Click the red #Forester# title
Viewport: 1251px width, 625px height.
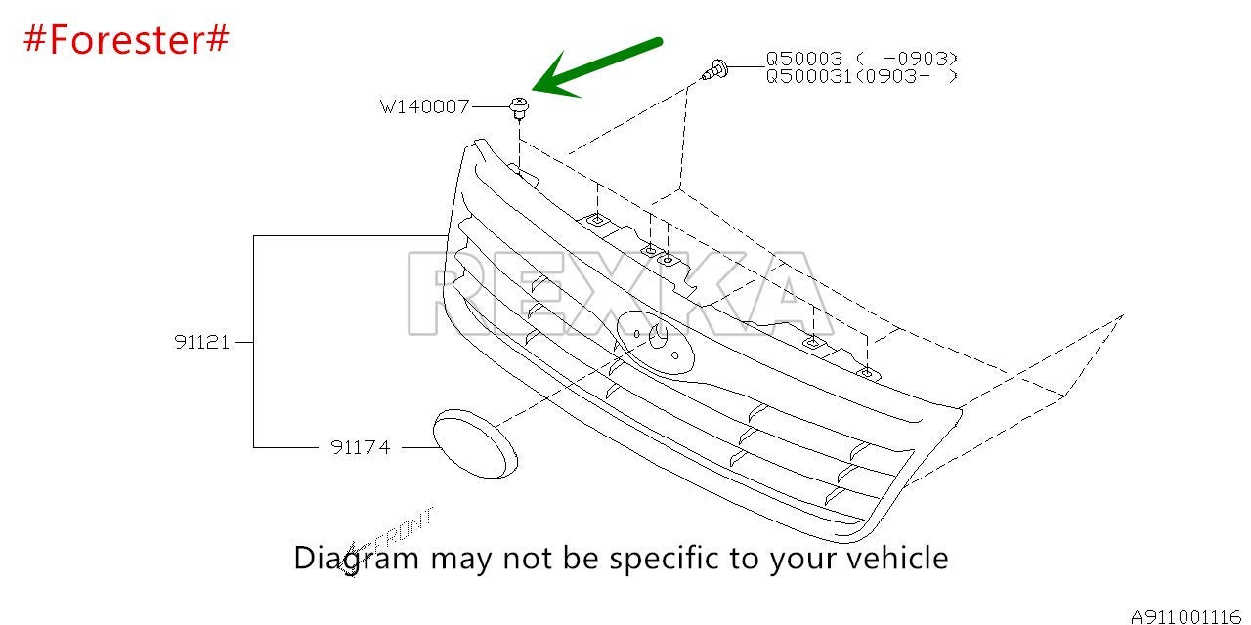pyautogui.click(x=126, y=40)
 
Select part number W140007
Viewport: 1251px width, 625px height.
pyautogui.click(x=424, y=106)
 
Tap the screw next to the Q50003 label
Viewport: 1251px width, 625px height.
pyautogui.click(x=714, y=71)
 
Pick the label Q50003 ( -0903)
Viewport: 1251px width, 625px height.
pyautogui.click(x=861, y=58)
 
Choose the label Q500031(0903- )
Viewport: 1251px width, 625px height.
pyautogui.click(x=861, y=76)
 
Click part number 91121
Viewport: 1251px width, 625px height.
pyautogui.click(x=201, y=342)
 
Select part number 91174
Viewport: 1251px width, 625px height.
pyautogui.click(x=361, y=447)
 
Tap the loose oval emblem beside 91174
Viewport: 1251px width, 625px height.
pyautogui.click(x=475, y=443)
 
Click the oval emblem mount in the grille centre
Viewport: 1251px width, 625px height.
pyautogui.click(x=655, y=342)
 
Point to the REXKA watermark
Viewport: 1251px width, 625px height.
pyautogui.click(x=621, y=293)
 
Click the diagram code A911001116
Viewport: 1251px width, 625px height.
pyautogui.click(x=1186, y=616)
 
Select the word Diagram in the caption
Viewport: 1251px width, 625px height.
pyautogui.click(x=357, y=559)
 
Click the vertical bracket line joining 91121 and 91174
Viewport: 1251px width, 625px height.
pyautogui.click(x=253, y=342)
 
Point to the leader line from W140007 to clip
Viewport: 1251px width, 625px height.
pyautogui.click(x=491, y=106)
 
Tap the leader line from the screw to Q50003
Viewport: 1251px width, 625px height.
pyautogui.click(x=746, y=67)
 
